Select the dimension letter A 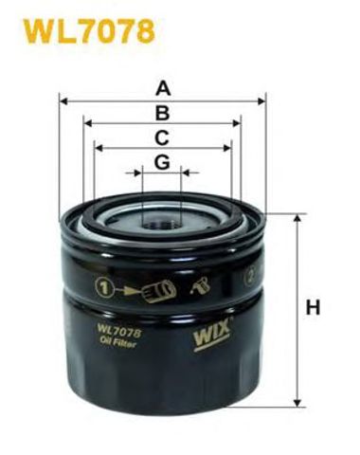coord(163,89)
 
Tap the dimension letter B coord(163,113)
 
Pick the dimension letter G coord(163,162)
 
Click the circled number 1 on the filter coord(103,285)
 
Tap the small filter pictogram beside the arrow coord(163,285)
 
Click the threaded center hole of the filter coord(162,224)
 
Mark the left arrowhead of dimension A coord(63,99)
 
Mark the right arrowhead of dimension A coord(263,99)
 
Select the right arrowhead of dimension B coord(239,123)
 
